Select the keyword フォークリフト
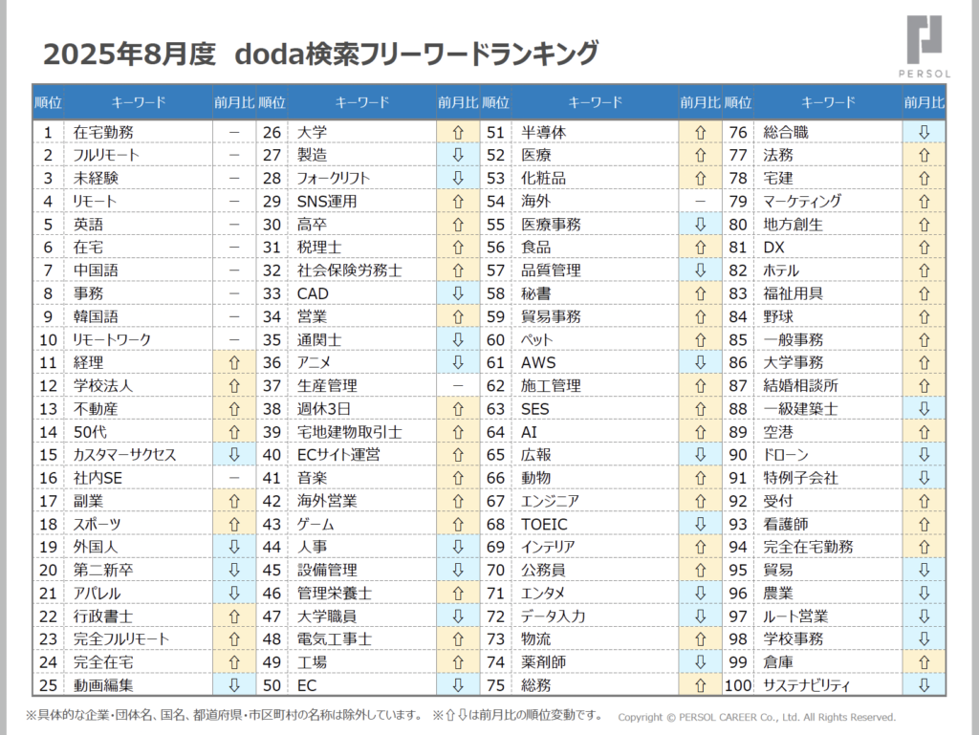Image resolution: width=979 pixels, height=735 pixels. pos(333,178)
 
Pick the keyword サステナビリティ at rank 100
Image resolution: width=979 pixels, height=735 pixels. pos(807,684)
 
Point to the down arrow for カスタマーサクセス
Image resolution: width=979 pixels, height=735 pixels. pos(233,455)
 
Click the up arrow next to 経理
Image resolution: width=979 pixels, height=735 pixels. pos(233,362)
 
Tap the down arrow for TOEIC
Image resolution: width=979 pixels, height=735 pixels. pos(700,524)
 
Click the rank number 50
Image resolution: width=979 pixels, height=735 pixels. pos(272,684)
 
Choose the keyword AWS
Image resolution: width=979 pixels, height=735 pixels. pos(538,362)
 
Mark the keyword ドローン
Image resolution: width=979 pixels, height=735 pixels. pos(785,455)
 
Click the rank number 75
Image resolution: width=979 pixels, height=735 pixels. pos(495,684)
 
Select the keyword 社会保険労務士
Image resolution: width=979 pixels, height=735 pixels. pos(349,270)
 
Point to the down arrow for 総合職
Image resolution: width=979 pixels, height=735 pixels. pos(924,132)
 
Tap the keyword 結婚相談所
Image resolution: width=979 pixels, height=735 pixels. pos(800,385)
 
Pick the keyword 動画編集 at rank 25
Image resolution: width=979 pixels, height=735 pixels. pos(103,684)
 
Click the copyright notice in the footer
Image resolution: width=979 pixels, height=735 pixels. pos(756,717)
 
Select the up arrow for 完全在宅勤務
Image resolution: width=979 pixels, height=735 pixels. pos(924,547)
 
